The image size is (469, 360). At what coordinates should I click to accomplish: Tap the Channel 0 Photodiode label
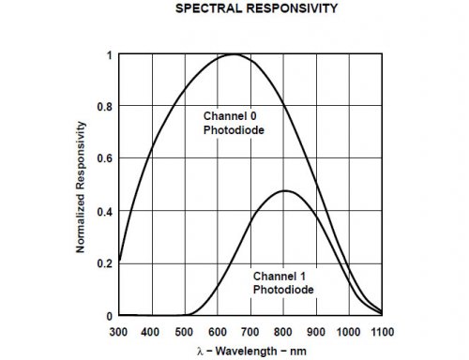tap(231, 122)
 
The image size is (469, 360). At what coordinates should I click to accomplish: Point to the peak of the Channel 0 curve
tap(232, 54)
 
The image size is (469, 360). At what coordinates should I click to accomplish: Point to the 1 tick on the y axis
tap(109, 54)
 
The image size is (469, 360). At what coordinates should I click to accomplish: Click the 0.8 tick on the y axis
tap(105, 107)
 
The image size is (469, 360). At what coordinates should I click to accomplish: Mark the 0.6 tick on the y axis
tap(105, 159)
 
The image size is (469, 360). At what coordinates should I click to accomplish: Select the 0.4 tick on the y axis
tap(105, 212)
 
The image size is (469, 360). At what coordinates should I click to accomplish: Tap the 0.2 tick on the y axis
tap(105, 264)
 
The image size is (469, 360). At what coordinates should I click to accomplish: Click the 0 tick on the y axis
tap(109, 317)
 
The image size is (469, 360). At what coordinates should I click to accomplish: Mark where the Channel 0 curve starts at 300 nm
tap(120, 262)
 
